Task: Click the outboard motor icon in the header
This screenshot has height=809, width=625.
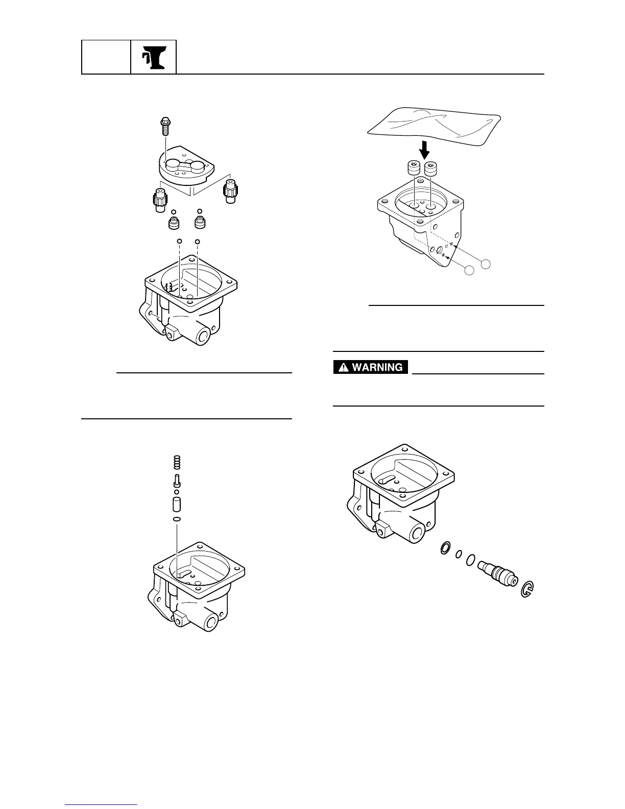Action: [x=153, y=56]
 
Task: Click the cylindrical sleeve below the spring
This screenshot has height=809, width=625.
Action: [x=177, y=505]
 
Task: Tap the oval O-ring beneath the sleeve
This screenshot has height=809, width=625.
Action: [x=177, y=519]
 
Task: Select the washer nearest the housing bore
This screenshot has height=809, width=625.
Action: [x=445, y=549]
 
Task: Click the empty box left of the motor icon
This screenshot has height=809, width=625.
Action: [x=106, y=56]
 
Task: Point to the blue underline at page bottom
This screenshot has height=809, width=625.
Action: [x=102, y=806]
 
